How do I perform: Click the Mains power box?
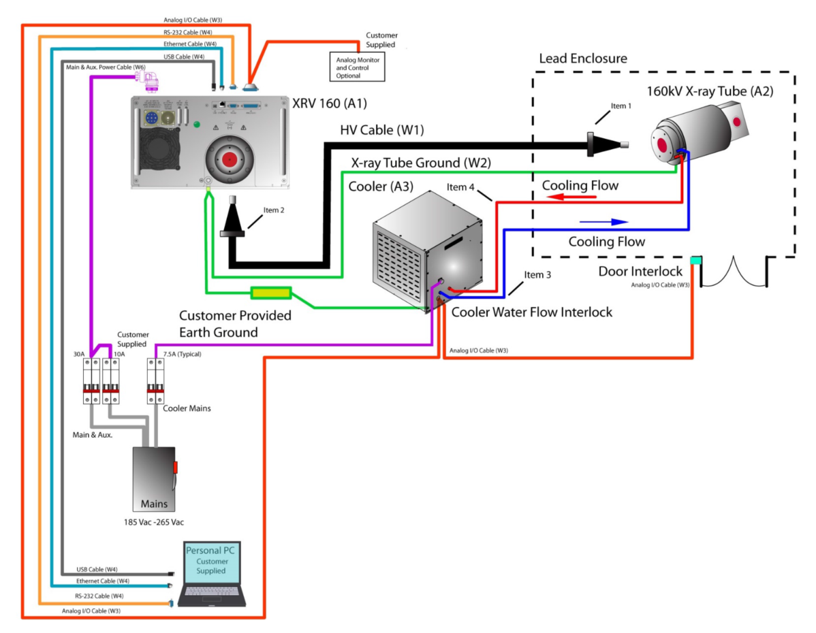(154, 478)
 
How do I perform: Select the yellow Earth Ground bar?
(271, 293)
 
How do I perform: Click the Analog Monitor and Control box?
(358, 67)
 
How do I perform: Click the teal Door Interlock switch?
(695, 261)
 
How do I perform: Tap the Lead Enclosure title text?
(583, 59)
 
